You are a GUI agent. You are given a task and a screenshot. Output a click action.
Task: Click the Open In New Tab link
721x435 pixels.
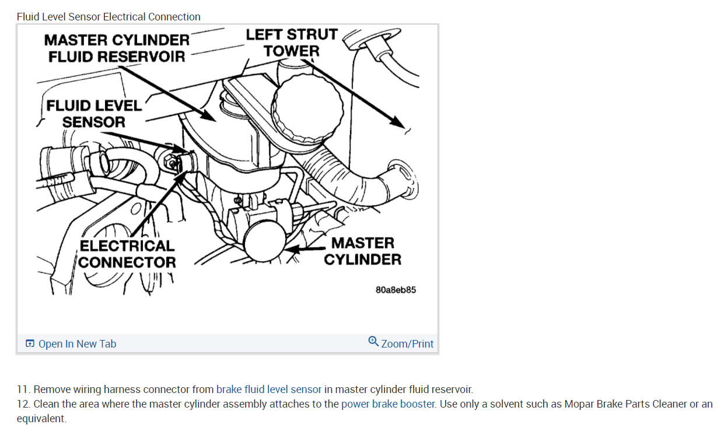[x=77, y=344]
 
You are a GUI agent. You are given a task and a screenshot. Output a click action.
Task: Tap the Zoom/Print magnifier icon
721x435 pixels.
[x=373, y=341]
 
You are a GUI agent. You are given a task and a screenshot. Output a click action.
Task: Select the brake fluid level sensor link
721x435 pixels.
[x=268, y=390]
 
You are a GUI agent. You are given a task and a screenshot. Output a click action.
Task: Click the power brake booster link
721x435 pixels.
[x=388, y=404]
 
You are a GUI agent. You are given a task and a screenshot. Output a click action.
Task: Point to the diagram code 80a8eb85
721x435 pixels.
[x=395, y=290]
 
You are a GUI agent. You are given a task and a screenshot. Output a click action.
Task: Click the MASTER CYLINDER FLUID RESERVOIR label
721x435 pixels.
[x=117, y=48]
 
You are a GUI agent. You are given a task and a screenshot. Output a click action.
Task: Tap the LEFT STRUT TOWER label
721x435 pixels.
[x=292, y=43]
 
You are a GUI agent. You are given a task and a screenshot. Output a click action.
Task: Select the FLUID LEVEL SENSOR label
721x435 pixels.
[x=93, y=114]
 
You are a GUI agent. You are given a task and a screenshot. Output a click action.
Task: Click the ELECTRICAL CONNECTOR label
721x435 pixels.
[x=127, y=254]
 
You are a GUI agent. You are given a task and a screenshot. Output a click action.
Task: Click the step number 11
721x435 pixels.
[x=23, y=390]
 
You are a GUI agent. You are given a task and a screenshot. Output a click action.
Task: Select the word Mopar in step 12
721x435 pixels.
[x=579, y=404]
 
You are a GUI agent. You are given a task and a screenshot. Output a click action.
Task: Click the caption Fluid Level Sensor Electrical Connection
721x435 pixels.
[x=108, y=17]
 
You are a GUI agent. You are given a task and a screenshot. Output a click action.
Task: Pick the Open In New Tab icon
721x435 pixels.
[x=30, y=344]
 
